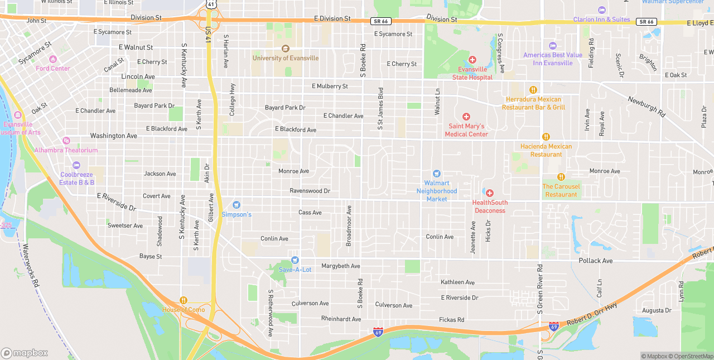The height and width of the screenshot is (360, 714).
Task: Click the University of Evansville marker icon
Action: pyautogui.click(x=286, y=49)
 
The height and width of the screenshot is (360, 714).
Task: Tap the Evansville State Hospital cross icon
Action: pyautogui.click(x=472, y=60)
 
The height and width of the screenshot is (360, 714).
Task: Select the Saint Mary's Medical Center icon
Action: pyautogui.click(x=466, y=117)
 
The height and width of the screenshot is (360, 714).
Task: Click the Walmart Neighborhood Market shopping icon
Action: pyautogui.click(x=437, y=174)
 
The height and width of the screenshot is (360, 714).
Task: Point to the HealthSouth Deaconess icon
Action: pyautogui.click(x=489, y=193)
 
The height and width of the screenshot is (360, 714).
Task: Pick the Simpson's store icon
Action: pyautogui.click(x=237, y=205)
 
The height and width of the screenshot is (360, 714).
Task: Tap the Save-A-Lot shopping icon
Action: pyautogui.click(x=295, y=260)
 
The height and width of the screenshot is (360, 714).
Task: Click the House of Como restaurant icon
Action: pyautogui.click(x=184, y=300)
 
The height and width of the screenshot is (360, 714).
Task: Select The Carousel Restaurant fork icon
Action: pyautogui.click(x=561, y=177)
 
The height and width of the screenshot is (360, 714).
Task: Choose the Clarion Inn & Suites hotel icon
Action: pyautogui.click(x=601, y=10)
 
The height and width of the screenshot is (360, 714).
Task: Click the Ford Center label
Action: pyautogui.click(x=53, y=69)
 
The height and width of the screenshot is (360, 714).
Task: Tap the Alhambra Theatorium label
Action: pyautogui.click(x=66, y=150)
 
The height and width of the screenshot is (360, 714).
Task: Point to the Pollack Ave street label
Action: pyautogui.click(x=595, y=261)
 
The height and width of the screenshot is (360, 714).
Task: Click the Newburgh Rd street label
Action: pyautogui.click(x=647, y=107)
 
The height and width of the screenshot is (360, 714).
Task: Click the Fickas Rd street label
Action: pyautogui.click(x=452, y=320)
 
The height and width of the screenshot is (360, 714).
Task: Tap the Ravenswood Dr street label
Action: pyautogui.click(x=310, y=191)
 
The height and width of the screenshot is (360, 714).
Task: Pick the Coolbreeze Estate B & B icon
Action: pyautogui.click(x=76, y=165)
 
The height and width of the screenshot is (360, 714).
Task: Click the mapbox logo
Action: pyautogui.click(x=25, y=353)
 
